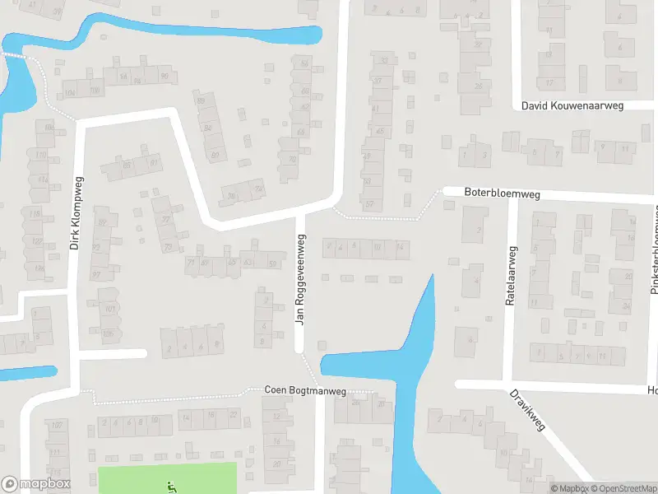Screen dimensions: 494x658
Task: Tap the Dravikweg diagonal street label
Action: tap(529, 411)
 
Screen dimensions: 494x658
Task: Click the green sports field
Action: tap(140, 478)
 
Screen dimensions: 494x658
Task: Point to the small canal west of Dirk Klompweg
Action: tap(28, 373)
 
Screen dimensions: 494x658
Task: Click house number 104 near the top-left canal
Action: tap(69, 93)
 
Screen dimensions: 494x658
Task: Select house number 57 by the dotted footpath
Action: tap(369, 205)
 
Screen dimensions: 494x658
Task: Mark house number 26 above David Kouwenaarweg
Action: tap(478, 86)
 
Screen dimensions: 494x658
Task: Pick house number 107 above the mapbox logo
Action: tap(56, 426)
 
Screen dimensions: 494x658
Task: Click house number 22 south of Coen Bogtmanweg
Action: tap(234, 413)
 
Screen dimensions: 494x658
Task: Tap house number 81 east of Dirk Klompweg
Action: tap(154, 163)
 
